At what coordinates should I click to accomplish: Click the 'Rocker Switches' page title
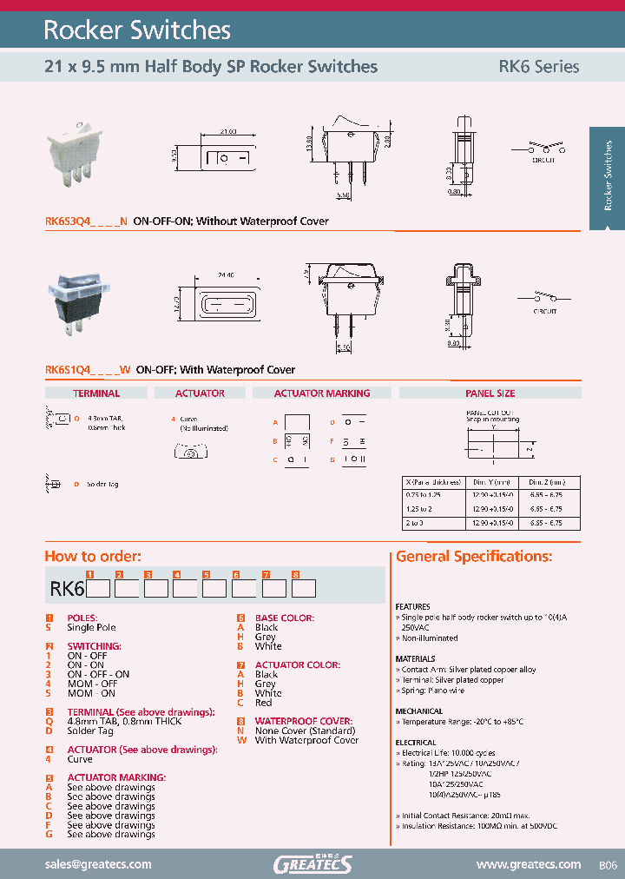(137, 30)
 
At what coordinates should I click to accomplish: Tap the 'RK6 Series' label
(538, 66)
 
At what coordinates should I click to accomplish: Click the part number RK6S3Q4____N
(86, 221)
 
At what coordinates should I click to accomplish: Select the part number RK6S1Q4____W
(88, 369)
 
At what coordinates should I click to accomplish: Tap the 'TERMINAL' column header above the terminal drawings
(96, 393)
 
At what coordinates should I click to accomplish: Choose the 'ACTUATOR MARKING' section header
(322, 393)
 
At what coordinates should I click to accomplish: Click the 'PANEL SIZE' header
(490, 393)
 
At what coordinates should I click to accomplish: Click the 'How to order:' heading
(93, 557)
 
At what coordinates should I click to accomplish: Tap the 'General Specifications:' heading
(474, 557)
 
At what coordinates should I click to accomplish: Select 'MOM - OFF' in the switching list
(92, 684)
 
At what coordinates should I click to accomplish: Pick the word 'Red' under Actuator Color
(264, 703)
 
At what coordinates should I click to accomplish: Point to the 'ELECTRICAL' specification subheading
(416, 743)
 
